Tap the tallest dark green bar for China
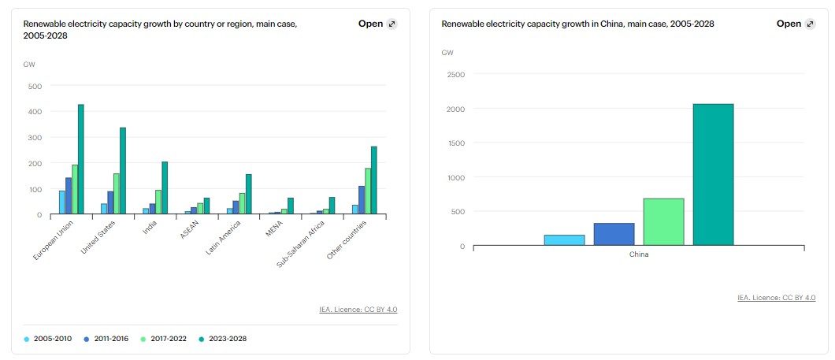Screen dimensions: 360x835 coord(713,174)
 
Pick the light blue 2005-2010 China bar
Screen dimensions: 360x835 coord(564,239)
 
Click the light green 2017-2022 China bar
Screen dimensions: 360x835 coord(663,221)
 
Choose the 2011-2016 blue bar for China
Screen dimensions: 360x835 coord(614,234)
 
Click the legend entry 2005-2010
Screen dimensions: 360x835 coord(48,339)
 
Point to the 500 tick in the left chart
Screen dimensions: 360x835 coord(34,86)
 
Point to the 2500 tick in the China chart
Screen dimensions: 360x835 coord(455,75)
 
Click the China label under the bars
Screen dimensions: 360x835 coord(638,254)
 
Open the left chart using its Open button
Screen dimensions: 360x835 coord(377,24)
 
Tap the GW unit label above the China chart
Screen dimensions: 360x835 coord(447,53)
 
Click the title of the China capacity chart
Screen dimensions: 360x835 coord(577,24)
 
